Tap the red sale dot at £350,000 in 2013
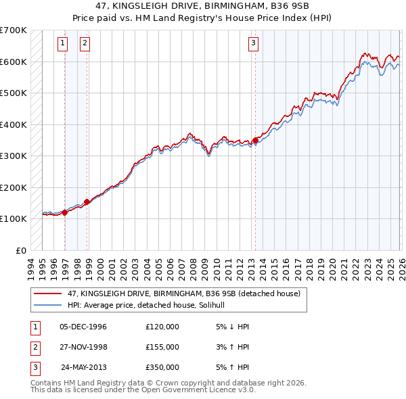(x=255, y=141)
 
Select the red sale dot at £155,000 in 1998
(x=87, y=202)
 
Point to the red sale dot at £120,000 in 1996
(x=65, y=212)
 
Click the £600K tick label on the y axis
(x=13, y=62)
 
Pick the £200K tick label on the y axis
(x=13, y=187)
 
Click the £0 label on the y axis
(x=21, y=250)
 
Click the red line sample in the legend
(x=49, y=293)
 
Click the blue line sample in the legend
(x=49, y=305)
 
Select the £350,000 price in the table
(x=162, y=367)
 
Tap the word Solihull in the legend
(x=219, y=305)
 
